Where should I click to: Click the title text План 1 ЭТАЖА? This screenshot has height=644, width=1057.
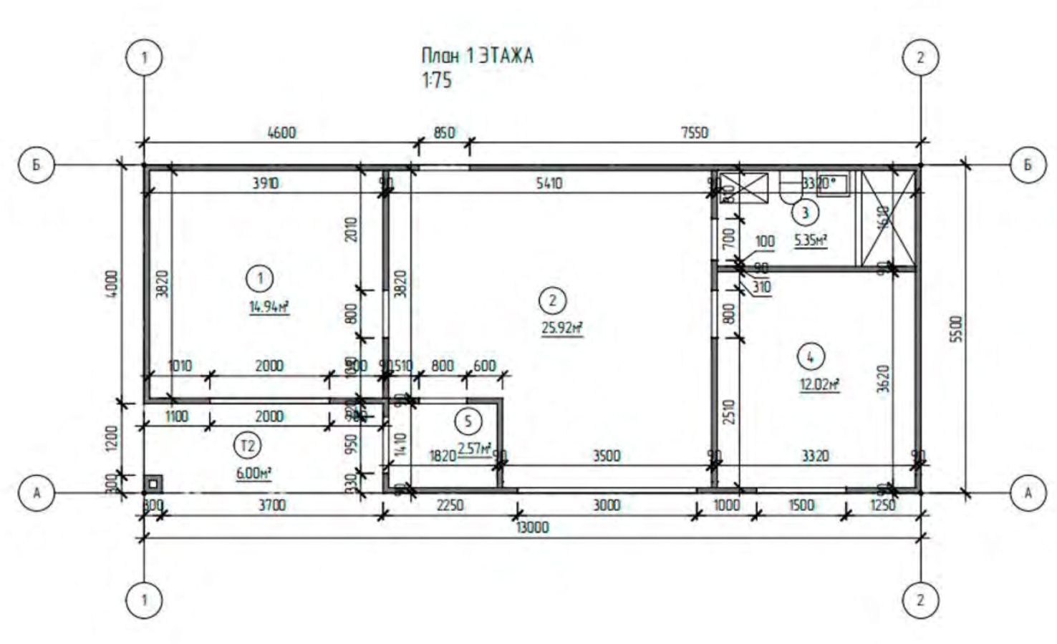[477, 56]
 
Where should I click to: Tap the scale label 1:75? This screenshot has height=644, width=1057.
[437, 79]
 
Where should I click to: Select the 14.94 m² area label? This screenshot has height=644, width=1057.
[269, 307]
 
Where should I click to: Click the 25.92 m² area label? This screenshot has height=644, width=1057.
[561, 328]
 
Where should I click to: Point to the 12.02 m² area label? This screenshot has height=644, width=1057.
[819, 384]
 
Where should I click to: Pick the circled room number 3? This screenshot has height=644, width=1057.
[806, 213]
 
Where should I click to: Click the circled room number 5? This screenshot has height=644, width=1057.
[468, 421]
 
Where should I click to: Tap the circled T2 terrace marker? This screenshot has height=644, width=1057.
[248, 446]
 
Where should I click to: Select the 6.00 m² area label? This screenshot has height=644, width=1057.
[254, 473]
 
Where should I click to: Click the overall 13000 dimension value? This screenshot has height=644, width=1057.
[532, 527]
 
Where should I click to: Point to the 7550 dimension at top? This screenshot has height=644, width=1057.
[693, 132]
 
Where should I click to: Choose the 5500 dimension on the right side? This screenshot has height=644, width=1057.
[958, 328]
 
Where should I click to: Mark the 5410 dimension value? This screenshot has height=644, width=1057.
[549, 183]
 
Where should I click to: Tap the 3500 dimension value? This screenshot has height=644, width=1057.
[606, 456]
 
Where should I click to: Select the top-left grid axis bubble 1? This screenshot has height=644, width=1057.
[145, 57]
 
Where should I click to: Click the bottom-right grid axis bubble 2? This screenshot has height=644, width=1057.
[921, 600]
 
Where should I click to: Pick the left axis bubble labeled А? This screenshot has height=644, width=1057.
[37, 493]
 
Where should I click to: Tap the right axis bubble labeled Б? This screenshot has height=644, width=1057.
[1028, 165]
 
